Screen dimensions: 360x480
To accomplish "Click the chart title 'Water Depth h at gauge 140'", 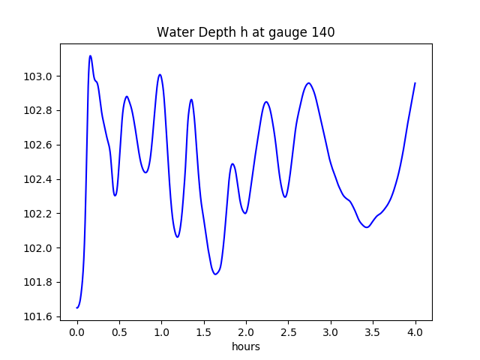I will (x=245, y=32).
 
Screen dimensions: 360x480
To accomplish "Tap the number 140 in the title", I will (x=323, y=32).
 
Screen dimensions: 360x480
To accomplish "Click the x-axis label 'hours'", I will (x=245, y=346).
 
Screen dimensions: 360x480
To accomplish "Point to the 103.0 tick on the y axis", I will (x=39, y=76).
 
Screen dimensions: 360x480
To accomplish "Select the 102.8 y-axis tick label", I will (x=39, y=111).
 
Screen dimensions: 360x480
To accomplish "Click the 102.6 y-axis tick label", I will (x=39, y=145).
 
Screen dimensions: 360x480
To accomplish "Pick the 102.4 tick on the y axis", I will (x=39, y=179).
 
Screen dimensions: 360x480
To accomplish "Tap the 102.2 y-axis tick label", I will (x=39, y=214).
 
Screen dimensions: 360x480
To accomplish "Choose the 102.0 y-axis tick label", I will (x=39, y=248).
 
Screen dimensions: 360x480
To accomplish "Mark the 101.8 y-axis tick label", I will (x=39, y=283).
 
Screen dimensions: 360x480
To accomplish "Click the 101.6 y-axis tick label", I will (x=39, y=316).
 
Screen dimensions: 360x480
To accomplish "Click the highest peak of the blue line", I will (x=90, y=55).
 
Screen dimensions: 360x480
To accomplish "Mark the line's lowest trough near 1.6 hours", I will (x=215, y=274).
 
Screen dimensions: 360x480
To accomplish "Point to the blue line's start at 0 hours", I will (x=77, y=307).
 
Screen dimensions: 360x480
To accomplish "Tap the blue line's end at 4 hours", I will (x=415, y=83).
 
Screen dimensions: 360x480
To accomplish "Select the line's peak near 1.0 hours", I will (x=160, y=74).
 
